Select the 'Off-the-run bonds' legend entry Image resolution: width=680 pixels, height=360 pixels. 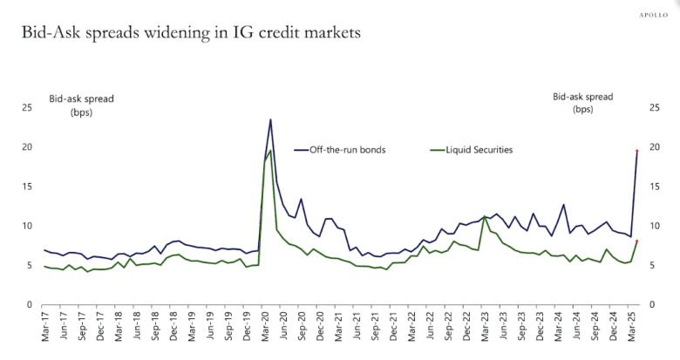point(347,150)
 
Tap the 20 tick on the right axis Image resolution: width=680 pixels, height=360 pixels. point(655,147)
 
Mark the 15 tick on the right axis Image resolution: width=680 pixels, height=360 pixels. point(655,187)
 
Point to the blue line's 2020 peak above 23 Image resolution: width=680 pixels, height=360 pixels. point(270,119)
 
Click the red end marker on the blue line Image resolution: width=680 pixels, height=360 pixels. point(637,151)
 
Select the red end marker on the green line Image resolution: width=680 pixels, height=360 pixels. point(637,241)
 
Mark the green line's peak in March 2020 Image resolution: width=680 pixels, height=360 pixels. point(270,151)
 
